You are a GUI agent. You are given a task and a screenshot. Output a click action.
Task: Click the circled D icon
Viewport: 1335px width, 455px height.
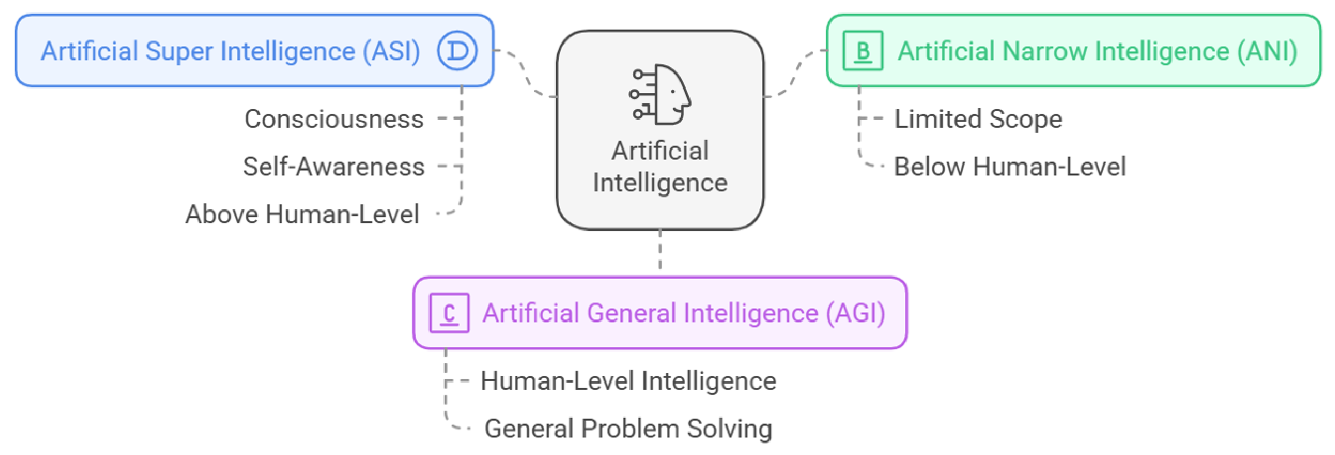click(x=457, y=50)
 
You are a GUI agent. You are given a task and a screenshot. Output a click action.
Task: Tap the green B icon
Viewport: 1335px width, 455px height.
click(x=862, y=50)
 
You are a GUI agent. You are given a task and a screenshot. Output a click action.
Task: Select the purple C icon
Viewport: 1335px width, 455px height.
click(x=449, y=313)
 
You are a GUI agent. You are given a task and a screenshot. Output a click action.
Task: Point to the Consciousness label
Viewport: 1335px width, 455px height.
click(x=334, y=119)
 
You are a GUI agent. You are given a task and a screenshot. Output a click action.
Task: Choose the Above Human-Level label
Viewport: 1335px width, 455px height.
click(x=302, y=214)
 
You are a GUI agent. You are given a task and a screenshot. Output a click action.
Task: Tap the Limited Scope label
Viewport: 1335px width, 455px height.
click(x=978, y=119)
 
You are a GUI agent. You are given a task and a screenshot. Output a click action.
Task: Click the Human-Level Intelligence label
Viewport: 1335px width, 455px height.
click(x=628, y=381)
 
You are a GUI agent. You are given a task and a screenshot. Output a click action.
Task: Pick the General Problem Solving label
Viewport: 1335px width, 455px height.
click(x=628, y=429)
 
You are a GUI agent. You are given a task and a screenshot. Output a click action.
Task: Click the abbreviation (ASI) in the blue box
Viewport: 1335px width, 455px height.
click(x=391, y=51)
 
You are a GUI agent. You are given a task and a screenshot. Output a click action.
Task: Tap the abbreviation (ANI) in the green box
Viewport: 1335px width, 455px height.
click(x=1267, y=51)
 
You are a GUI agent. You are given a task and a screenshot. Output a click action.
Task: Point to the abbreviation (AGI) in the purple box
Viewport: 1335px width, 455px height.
click(x=855, y=313)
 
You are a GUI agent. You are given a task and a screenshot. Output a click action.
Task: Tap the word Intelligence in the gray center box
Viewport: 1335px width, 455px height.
click(x=660, y=182)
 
